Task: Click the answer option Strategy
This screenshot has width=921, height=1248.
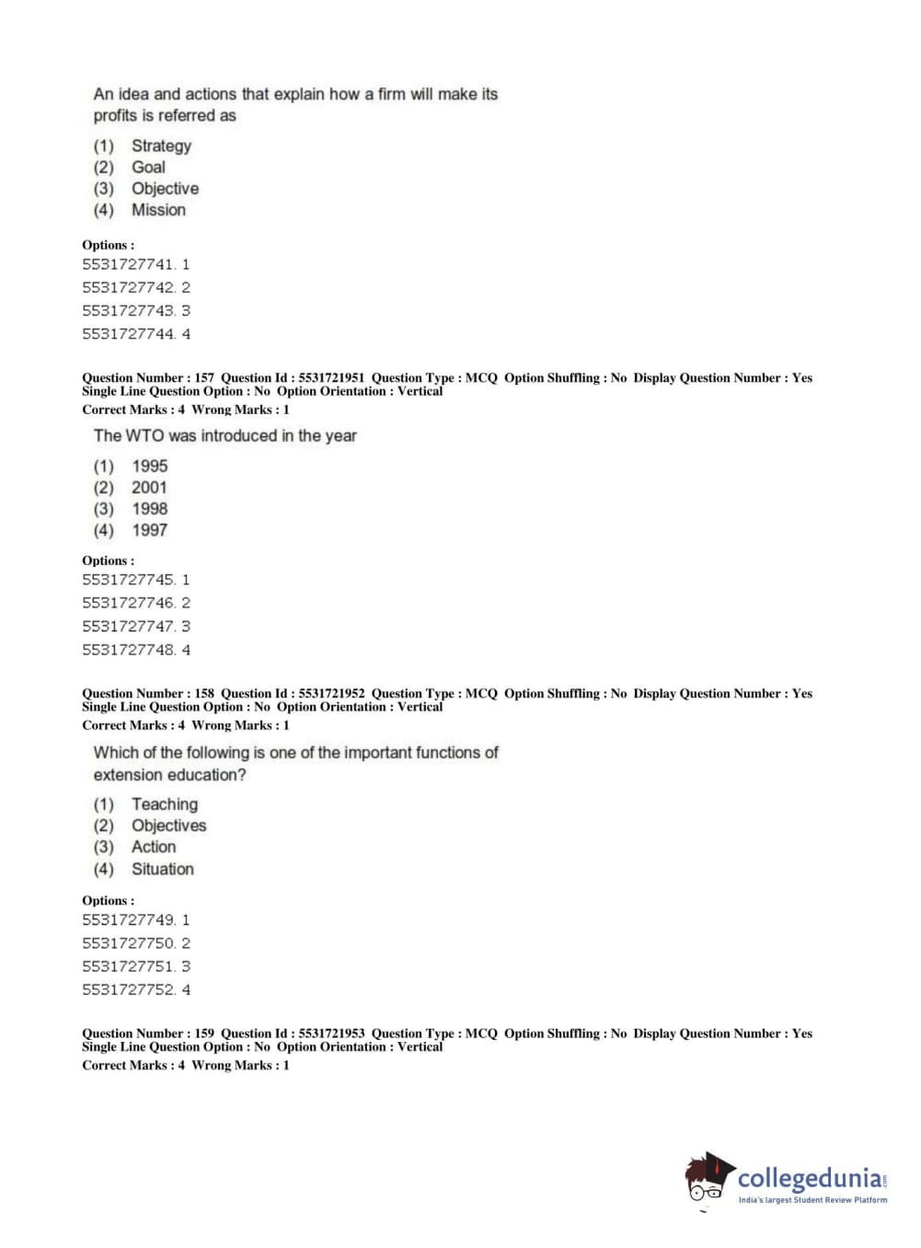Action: (161, 145)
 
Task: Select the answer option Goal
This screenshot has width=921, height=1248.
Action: (148, 167)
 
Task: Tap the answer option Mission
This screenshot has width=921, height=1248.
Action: (158, 210)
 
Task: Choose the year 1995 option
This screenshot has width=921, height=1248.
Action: (149, 466)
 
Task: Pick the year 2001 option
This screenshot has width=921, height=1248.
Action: (149, 487)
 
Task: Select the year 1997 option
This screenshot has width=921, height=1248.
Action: (149, 530)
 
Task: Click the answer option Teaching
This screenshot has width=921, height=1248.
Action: (164, 804)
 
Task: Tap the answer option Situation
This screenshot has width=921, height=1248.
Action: (162, 869)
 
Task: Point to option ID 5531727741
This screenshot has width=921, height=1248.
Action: (129, 264)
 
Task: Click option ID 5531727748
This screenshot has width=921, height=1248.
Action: (129, 650)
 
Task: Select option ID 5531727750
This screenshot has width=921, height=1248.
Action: (129, 943)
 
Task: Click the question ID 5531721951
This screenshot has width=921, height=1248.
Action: (331, 377)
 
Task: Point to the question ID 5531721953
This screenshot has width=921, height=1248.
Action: (331, 1034)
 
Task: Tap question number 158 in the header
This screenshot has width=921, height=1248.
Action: (203, 693)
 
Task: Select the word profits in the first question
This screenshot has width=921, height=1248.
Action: (115, 116)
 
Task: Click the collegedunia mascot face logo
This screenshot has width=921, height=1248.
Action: (707, 1180)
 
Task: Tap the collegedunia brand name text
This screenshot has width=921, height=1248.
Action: (809, 1178)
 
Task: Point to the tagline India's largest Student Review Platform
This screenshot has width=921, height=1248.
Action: (812, 1200)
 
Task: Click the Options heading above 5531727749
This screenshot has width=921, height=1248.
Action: (108, 900)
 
